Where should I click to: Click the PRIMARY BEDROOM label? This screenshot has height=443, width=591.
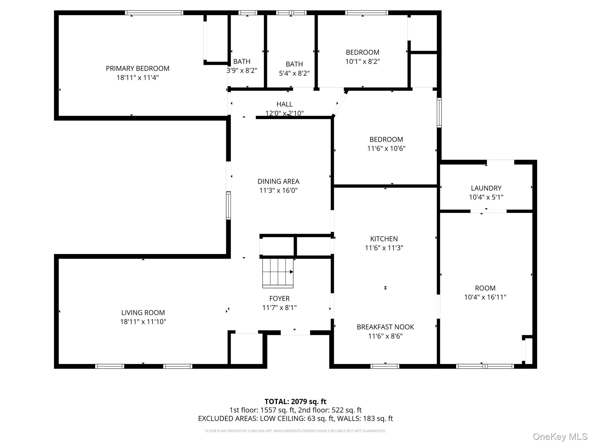click(137, 68)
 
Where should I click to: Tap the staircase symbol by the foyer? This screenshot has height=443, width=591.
click(278, 273)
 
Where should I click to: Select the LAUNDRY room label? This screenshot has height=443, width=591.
click(486, 188)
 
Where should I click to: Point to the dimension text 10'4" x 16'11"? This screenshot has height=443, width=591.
click(485, 297)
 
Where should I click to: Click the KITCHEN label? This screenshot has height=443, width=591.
click(384, 239)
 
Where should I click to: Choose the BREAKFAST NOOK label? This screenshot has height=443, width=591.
click(385, 327)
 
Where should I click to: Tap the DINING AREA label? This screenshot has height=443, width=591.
click(278, 181)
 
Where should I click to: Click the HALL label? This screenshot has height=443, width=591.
click(285, 104)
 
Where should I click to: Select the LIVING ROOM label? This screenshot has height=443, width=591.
click(143, 313)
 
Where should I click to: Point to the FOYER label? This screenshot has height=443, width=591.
click(279, 299)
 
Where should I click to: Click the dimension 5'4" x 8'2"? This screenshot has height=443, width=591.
click(294, 73)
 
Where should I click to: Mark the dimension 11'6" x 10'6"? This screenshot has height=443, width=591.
click(386, 149)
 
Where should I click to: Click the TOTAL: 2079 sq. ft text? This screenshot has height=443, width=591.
click(295, 401)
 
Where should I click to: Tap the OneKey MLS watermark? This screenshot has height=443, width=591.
click(560, 436)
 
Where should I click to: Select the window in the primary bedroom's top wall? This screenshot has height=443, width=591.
click(154, 13)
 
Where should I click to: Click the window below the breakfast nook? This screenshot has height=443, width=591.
click(385, 366)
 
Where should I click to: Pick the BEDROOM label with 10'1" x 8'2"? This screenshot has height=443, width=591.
click(362, 52)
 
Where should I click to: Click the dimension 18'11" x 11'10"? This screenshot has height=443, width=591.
click(143, 322)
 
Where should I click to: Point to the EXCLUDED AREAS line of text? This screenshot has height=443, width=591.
click(295, 418)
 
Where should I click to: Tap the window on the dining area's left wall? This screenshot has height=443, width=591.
click(228, 205)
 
